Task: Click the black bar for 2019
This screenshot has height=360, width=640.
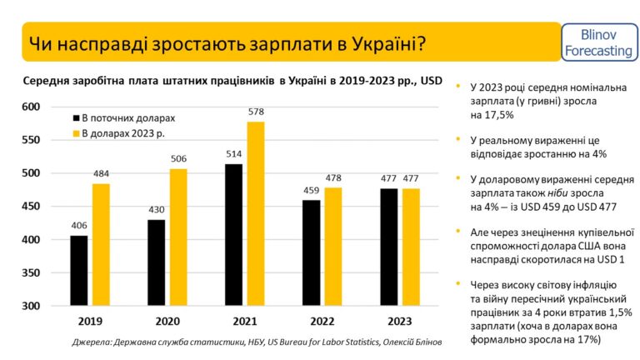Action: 79,271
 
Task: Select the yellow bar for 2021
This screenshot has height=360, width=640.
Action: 256,213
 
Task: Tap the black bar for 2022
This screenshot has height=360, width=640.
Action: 312,253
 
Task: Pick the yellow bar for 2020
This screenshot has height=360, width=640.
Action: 178,237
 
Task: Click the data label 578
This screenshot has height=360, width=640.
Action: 256,112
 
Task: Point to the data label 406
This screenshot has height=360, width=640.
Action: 79,225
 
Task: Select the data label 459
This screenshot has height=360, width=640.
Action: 312,190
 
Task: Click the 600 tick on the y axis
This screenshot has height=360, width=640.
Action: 31,107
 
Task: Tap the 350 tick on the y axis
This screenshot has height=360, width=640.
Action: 31,272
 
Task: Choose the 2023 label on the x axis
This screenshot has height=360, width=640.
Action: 400,322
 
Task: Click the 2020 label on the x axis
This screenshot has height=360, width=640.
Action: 167,322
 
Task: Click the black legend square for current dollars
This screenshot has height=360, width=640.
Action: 76,118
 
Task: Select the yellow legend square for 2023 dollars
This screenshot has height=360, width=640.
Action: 76,133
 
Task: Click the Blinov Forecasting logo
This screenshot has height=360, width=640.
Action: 599,42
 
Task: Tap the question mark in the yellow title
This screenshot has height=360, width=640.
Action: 421,43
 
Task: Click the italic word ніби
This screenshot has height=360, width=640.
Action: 557,192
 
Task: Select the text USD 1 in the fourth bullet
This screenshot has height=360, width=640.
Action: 611,260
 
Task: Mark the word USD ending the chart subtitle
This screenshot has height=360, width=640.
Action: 431,81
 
